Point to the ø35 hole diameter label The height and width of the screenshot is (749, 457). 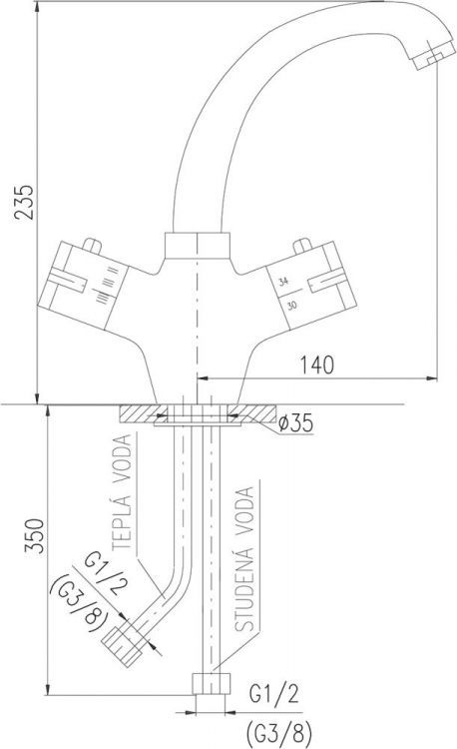point(296,423)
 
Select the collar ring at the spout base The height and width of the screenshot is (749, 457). point(198,246)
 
